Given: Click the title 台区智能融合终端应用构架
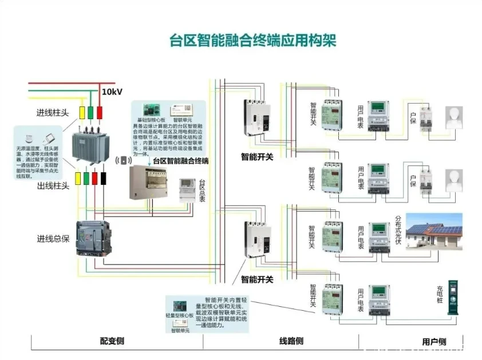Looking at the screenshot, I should tap(253, 41).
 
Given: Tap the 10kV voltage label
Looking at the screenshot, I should tap(112, 92).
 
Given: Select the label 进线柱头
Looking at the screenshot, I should tap(53, 112).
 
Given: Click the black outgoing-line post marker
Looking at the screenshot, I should tap(104, 178).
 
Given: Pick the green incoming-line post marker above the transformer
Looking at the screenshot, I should tap(91, 111).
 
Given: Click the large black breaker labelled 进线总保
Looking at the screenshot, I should tap(96, 238).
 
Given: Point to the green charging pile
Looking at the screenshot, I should tap(455, 298).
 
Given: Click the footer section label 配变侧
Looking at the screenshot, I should tap(112, 342).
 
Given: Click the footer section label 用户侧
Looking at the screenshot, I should tap(434, 342).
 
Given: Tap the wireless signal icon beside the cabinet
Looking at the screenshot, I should tap(123, 160).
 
